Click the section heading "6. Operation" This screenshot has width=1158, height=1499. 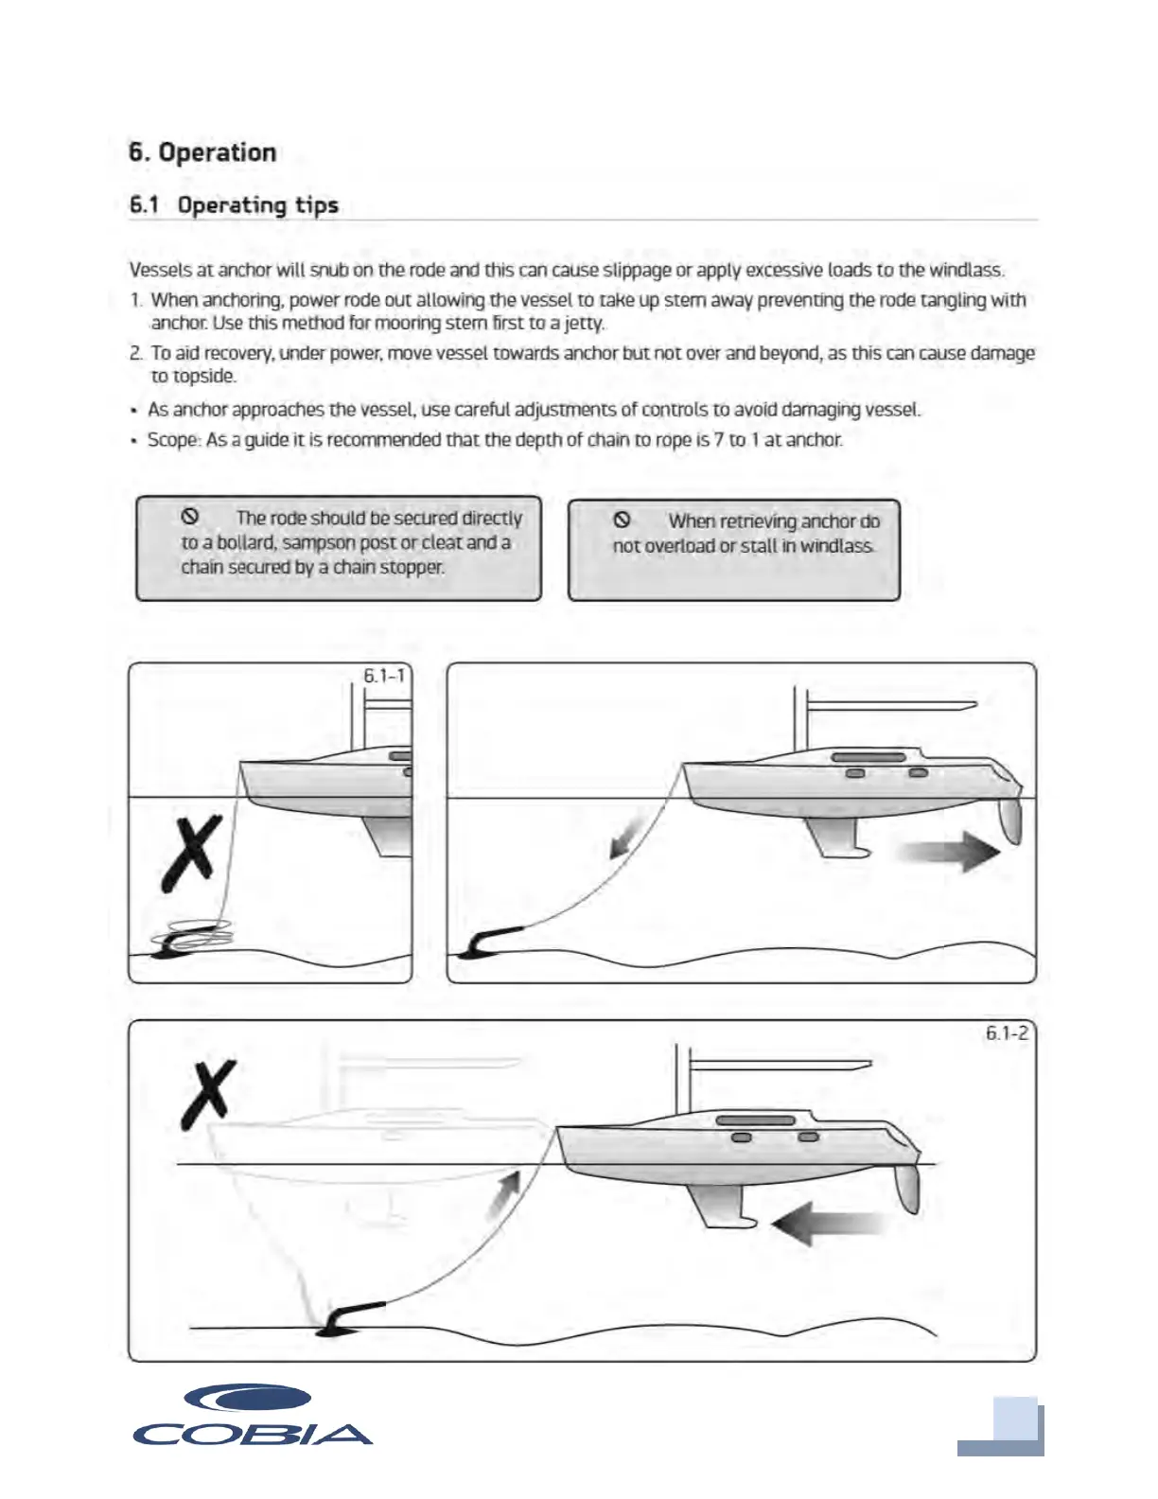pos(202,152)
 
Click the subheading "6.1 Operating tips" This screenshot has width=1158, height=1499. pos(234,204)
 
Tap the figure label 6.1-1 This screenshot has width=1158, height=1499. pos(384,676)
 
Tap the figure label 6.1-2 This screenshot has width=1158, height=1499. pos(1007,1032)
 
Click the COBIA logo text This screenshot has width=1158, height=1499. pos(253,1435)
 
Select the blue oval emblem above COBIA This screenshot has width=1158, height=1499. pos(248,1398)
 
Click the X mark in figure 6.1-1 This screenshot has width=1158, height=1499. pos(193,853)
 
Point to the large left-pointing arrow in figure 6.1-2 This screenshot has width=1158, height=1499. pos(828,1224)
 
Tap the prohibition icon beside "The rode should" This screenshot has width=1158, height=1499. pos(189,517)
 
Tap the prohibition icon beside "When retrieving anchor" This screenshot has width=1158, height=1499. pos(622,520)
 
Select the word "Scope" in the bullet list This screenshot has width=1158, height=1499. pos(172,440)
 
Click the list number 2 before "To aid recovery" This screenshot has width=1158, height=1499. pos(135,354)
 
